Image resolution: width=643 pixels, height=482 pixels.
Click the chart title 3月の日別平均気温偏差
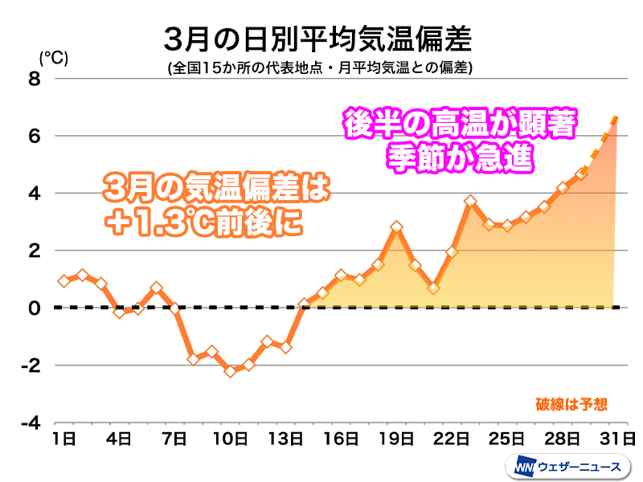pos(317,37)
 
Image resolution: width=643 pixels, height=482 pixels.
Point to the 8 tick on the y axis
pos(33,79)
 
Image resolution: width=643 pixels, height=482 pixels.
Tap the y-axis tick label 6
pos(33,136)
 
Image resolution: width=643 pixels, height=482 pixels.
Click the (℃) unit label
pos(53,57)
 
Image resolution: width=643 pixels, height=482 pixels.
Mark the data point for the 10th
pos(230,371)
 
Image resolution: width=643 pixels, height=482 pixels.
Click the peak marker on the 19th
pos(396,227)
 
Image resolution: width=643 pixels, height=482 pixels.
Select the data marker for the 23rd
pos(471,201)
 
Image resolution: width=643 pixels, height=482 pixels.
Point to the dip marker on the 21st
pos(433,288)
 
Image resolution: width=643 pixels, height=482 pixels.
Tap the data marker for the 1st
pos(63,280)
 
